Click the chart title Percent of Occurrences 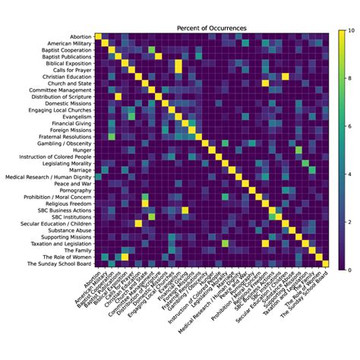pos(211,28)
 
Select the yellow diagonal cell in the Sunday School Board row pos(325,265)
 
